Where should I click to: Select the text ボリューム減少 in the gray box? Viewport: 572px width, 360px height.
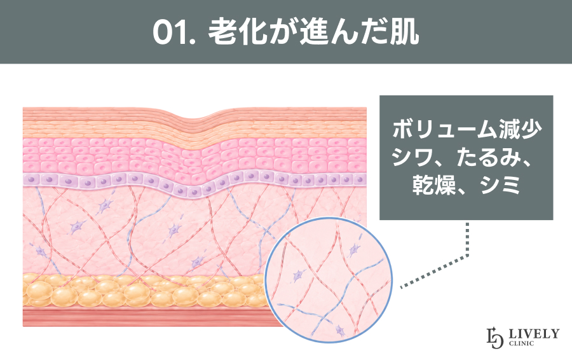click(466, 129)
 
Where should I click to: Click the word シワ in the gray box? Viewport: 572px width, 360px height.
click(413, 158)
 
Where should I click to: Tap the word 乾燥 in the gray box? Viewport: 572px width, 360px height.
click(434, 186)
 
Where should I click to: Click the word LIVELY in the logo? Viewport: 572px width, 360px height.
click(534, 333)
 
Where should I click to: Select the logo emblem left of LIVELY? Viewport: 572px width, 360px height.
click(495, 338)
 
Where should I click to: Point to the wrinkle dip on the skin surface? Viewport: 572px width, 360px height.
click(194, 118)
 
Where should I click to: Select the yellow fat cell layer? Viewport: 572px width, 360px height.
click(146, 291)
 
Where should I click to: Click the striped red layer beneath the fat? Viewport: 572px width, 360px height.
click(146, 317)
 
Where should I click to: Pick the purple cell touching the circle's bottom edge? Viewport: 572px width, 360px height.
click(340, 331)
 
